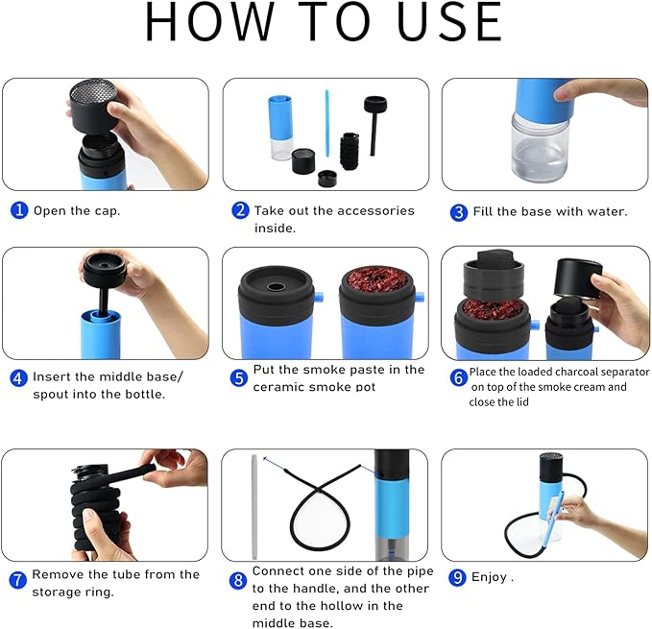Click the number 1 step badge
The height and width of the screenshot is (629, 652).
pyautogui.click(x=18, y=210)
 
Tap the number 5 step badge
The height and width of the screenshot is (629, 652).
pyautogui.click(x=239, y=377)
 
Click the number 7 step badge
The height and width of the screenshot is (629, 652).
pyautogui.click(x=18, y=580)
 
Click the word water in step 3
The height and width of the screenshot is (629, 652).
pyautogui.click(x=605, y=210)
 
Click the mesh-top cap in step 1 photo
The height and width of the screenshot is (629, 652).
pyautogui.click(x=93, y=108)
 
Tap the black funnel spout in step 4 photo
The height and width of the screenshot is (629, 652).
pyautogui.click(x=105, y=269)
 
